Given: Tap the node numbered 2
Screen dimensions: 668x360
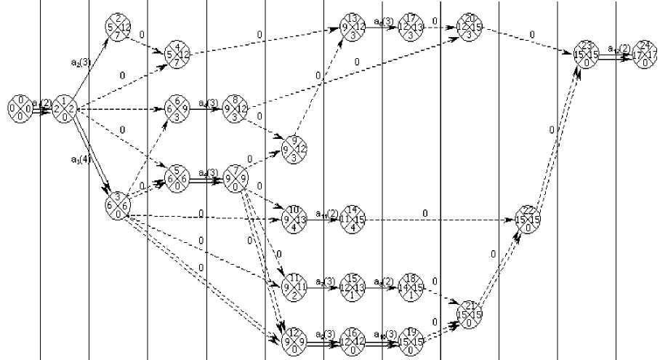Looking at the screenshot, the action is [x=118, y=27].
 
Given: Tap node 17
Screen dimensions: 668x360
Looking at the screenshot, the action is [x=412, y=27].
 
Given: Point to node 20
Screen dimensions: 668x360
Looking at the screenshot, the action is [x=470, y=27].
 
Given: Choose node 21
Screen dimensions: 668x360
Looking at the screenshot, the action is [x=470, y=313].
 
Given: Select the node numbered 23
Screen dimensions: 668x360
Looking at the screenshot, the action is [x=588, y=54].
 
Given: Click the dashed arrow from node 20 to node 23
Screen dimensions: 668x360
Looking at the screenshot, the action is [x=531, y=40].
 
